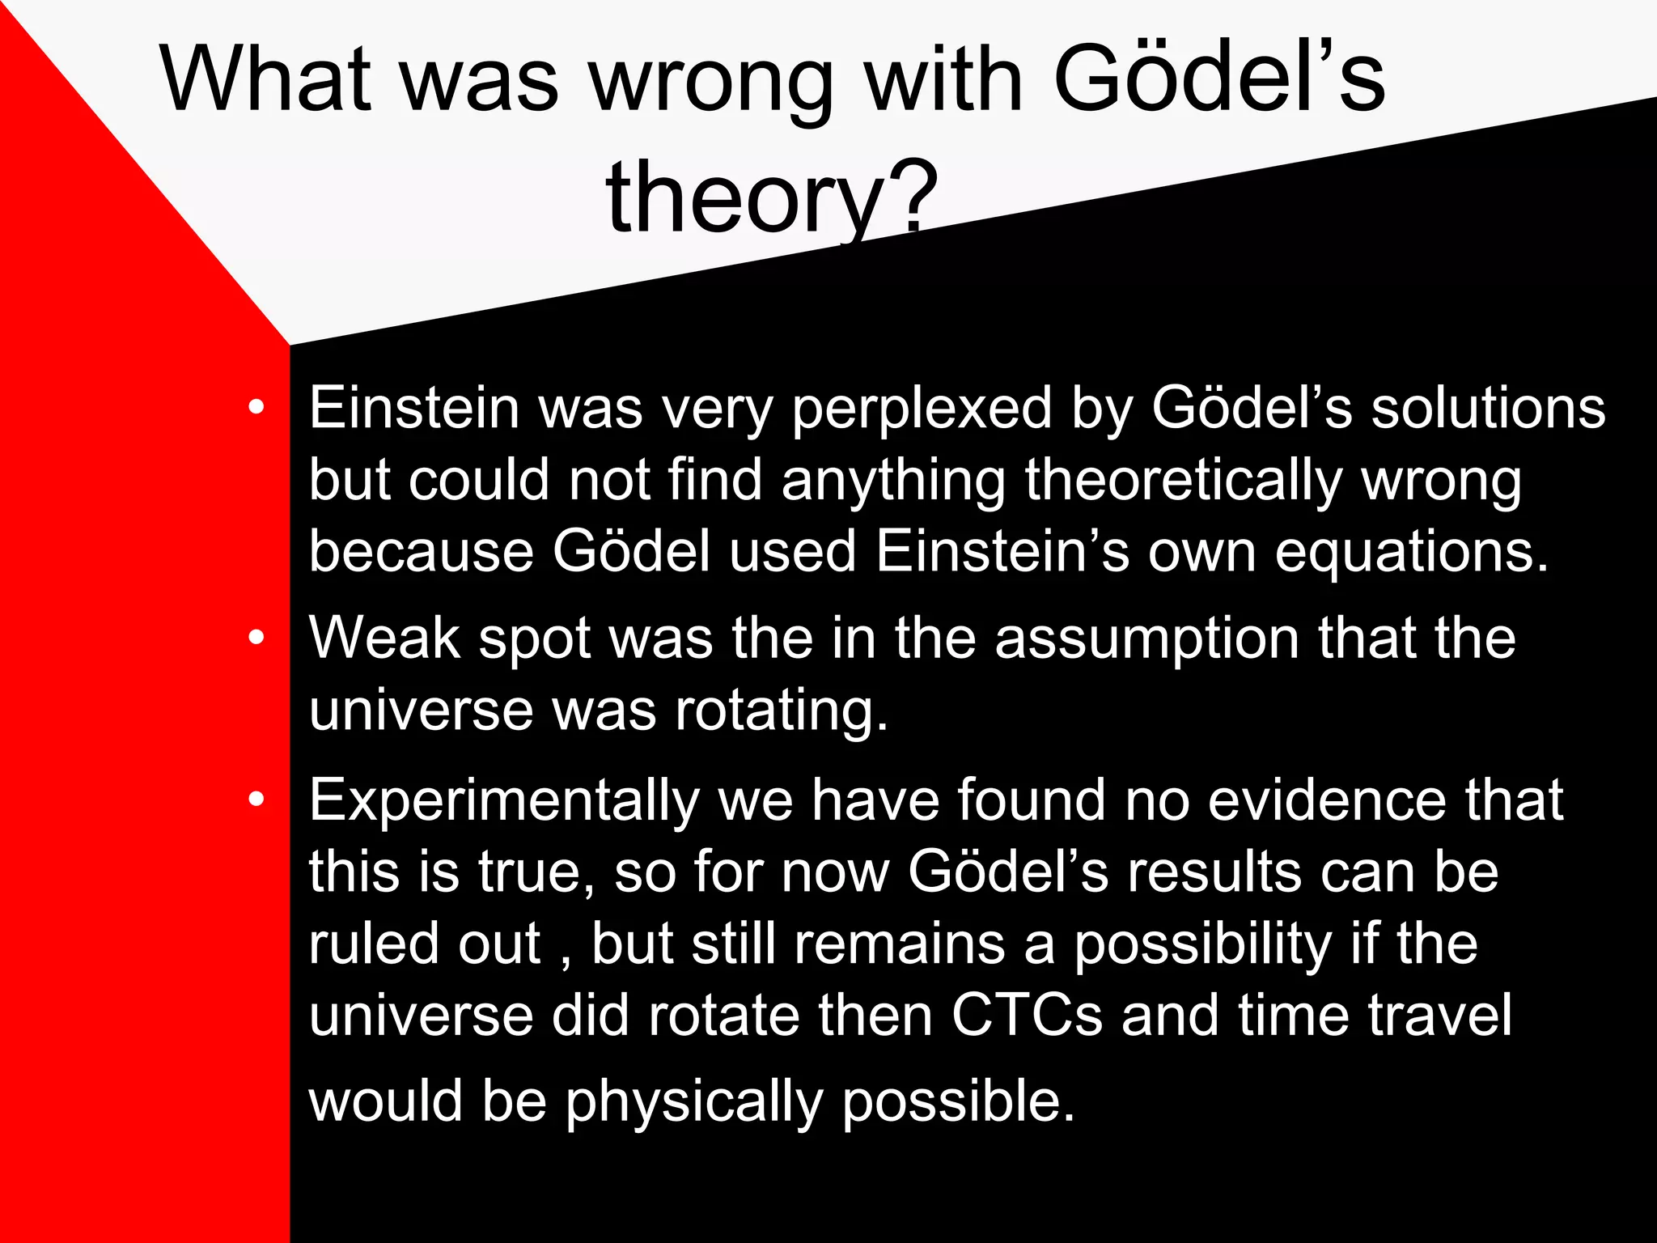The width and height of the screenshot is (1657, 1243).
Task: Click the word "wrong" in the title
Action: tap(711, 81)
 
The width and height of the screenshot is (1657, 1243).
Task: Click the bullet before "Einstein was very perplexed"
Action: tap(256, 408)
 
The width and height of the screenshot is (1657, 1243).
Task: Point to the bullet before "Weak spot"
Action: tap(256, 638)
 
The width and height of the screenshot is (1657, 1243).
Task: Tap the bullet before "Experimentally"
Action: tap(256, 800)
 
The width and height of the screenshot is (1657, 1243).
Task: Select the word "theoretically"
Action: tap(1184, 481)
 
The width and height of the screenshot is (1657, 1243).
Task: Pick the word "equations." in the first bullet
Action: tap(1412, 552)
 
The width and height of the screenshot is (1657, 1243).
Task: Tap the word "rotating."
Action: tap(782, 711)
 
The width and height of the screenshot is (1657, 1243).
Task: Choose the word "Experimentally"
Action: tap(504, 801)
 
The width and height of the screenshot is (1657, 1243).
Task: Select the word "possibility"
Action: tap(1202, 944)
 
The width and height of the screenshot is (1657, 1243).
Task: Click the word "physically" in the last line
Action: tap(693, 1103)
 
